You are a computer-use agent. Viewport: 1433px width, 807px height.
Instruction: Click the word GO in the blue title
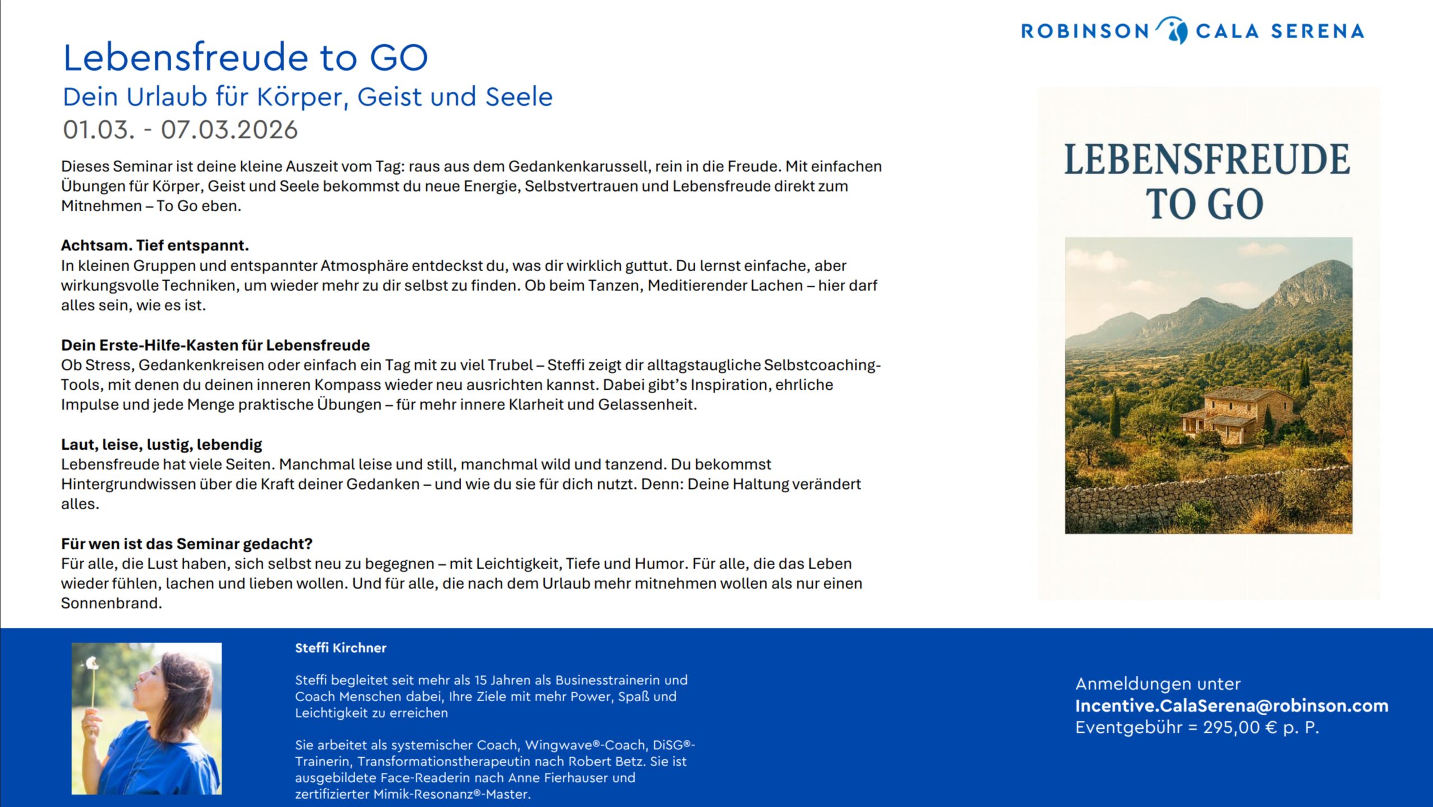(399, 58)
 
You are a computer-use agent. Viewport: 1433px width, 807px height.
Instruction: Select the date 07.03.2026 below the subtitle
(229, 130)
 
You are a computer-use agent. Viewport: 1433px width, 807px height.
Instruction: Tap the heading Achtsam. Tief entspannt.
(155, 245)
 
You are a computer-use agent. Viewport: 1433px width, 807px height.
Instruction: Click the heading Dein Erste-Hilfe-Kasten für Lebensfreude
(216, 345)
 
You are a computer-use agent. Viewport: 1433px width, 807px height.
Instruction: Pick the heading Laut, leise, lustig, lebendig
(161, 445)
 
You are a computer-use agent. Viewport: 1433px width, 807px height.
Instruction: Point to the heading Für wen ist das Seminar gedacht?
(186, 544)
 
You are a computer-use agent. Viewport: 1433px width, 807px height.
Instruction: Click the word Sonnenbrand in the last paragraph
(110, 603)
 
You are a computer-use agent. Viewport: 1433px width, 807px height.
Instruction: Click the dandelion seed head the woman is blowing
(92, 664)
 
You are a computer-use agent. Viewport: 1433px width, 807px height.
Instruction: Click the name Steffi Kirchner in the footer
(340, 648)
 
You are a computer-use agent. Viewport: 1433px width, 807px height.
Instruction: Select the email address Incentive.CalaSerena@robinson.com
(1231, 706)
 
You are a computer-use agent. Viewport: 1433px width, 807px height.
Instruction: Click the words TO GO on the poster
(1205, 204)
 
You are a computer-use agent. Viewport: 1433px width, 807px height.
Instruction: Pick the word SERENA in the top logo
(1317, 31)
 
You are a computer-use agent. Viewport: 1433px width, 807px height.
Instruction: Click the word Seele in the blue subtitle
(519, 97)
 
